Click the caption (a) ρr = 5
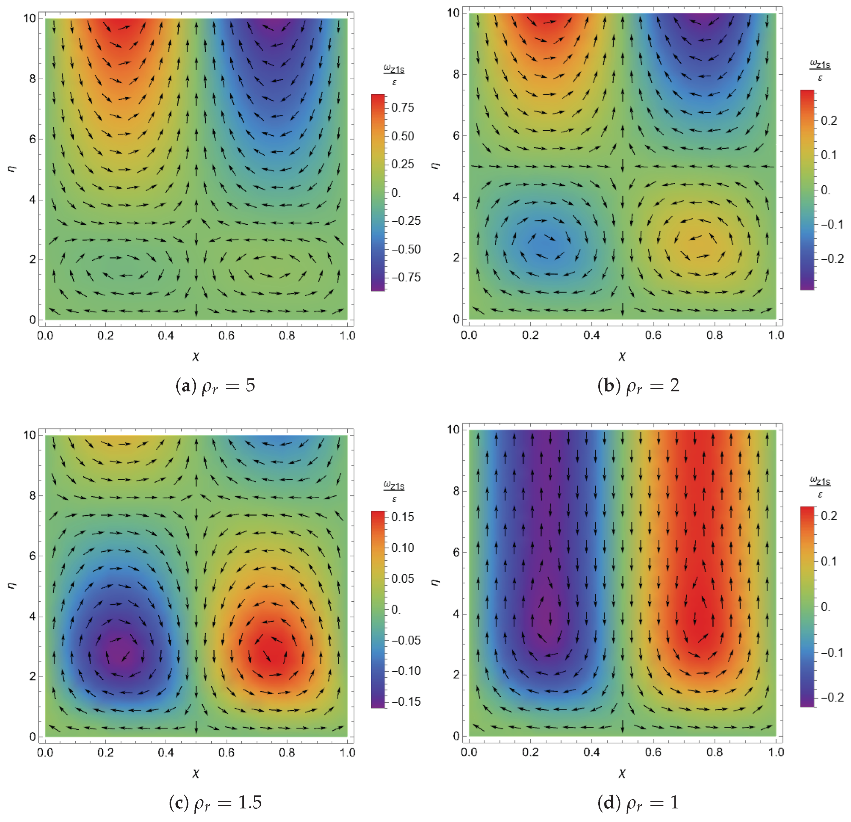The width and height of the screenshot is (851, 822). point(215,386)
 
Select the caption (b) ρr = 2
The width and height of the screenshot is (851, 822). point(638,386)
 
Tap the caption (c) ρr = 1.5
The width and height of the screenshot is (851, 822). point(215,802)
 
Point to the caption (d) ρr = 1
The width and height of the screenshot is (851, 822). point(638,802)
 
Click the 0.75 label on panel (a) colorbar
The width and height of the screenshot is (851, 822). point(403,108)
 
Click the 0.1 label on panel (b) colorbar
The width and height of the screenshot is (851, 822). point(829,155)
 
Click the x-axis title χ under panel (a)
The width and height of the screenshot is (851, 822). point(196,356)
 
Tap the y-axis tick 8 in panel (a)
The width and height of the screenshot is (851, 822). point(33,79)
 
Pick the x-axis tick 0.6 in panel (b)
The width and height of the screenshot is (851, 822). point(653,335)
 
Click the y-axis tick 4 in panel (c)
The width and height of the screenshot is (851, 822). point(33,617)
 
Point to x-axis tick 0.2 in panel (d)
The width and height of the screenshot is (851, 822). point(530,752)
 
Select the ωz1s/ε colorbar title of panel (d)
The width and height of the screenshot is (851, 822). point(820,487)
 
